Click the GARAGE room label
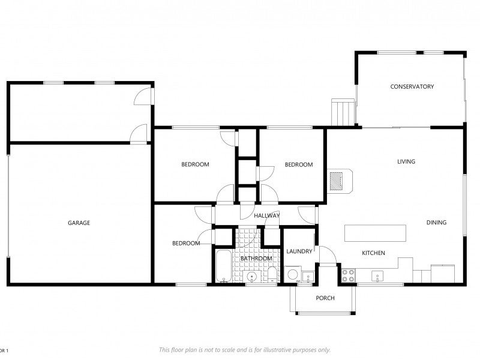[79, 223]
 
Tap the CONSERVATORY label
[412, 86]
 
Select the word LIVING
[406, 161]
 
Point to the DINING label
[437, 222]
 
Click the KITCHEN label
[373, 253]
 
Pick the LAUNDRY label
[299, 251]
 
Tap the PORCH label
[325, 298]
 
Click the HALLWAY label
[266, 215]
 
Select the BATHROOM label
[256, 259]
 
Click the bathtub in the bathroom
[224, 266]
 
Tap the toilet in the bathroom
[272, 275]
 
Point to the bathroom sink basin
[252, 277]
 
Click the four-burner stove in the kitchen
[349, 275]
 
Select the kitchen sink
[377, 276]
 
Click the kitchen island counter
[376, 233]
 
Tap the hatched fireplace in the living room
[337, 181]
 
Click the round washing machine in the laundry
[292, 275]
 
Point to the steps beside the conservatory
[343, 112]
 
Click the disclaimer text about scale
[245, 350]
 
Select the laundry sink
[308, 277]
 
